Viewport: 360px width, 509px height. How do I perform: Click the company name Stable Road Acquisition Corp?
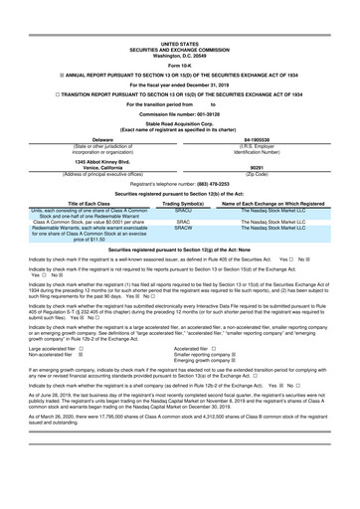tap(180, 124)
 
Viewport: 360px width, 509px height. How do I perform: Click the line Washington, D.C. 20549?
tap(180, 27)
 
